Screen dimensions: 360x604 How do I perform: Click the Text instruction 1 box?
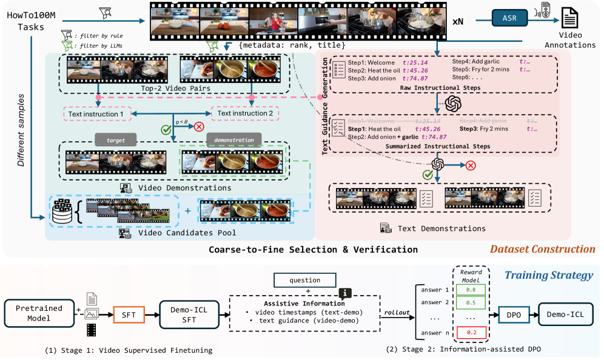(95, 113)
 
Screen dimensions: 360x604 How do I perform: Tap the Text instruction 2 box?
(245, 113)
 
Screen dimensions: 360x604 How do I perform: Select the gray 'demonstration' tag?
(233, 139)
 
